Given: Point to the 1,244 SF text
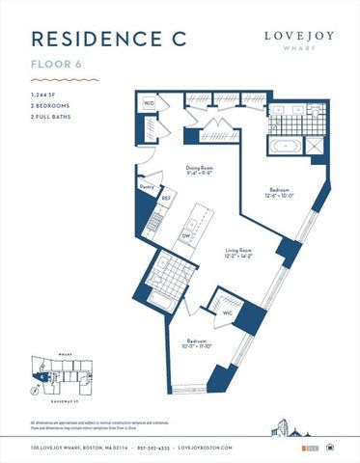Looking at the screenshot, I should (45, 95).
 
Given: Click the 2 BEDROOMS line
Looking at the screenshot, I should (51, 105).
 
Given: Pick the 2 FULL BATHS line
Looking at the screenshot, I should (52, 116).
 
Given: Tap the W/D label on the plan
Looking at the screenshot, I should (150, 102).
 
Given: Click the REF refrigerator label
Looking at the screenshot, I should (166, 198).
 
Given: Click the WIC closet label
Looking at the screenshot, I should (226, 312).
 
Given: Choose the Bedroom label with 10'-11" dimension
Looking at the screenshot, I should (192, 344).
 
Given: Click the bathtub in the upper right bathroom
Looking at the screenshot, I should (285, 149).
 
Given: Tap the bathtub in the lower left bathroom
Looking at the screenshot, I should (160, 305).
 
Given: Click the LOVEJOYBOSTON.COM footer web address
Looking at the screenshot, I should (238, 449).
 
